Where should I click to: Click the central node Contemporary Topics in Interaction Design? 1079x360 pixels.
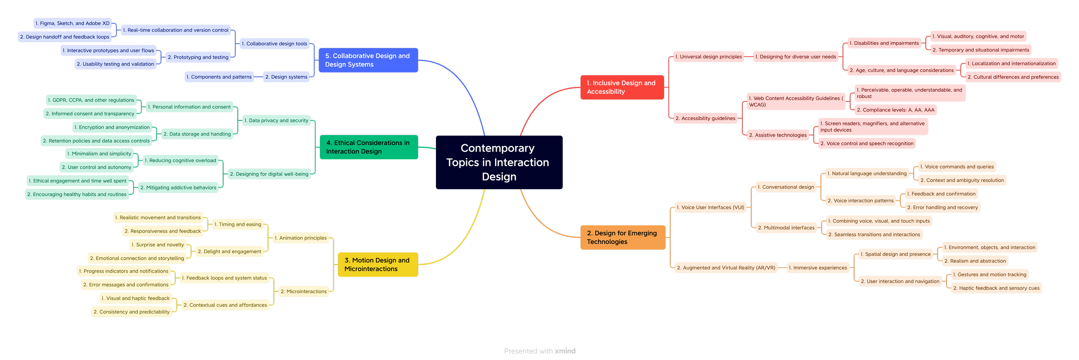(x=498, y=162)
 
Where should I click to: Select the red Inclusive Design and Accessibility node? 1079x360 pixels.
(x=622, y=87)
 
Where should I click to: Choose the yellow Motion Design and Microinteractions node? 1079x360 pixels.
(x=377, y=265)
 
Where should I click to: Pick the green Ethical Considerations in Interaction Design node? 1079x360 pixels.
(x=369, y=147)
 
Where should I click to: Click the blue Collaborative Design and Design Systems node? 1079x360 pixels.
(x=368, y=60)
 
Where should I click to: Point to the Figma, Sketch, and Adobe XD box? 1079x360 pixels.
(x=73, y=23)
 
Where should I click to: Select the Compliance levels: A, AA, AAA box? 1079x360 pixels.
(x=896, y=110)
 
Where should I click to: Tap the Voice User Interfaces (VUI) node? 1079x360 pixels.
(x=710, y=208)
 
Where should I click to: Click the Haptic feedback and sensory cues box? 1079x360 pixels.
(x=996, y=288)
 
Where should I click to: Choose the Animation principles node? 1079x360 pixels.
(x=301, y=238)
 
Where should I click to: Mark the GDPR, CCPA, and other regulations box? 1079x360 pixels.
(x=91, y=100)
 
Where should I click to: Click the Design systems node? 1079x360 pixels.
(x=286, y=77)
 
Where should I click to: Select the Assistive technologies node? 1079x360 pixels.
(x=778, y=136)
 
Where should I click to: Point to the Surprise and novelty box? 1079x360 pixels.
(x=158, y=245)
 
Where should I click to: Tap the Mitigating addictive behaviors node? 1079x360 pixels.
(x=178, y=188)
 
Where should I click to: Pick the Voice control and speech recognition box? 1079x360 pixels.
(x=867, y=144)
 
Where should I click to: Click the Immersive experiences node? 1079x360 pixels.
(x=818, y=268)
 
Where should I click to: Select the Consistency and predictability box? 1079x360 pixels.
(x=132, y=312)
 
